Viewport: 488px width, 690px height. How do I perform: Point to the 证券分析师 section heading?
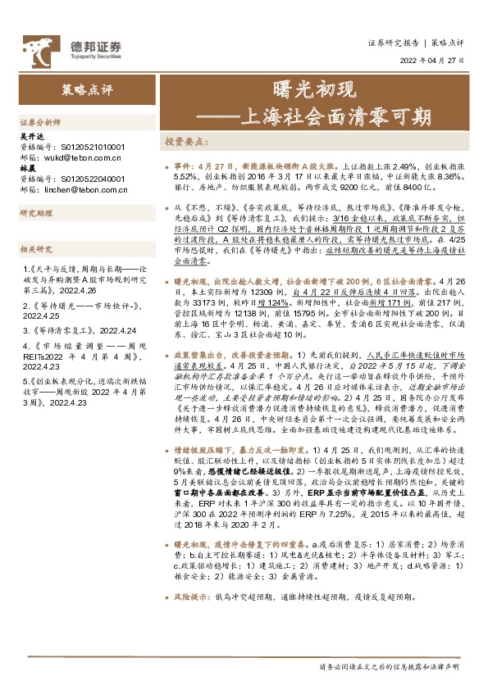[37, 120]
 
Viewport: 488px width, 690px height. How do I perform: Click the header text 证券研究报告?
[393, 41]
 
